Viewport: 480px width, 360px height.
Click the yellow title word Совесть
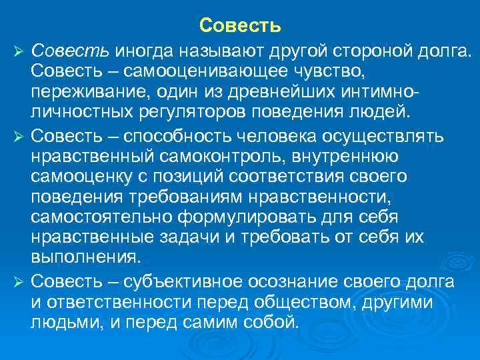click(240, 26)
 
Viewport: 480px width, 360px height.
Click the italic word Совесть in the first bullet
click(71, 50)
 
